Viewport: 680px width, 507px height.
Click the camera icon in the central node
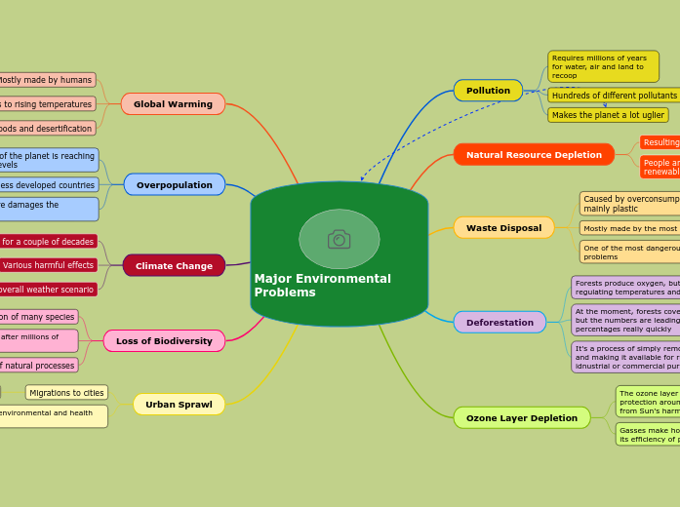(339, 239)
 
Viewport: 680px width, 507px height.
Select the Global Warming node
(173, 104)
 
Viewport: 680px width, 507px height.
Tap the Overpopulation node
(174, 184)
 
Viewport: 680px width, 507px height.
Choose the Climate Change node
(174, 265)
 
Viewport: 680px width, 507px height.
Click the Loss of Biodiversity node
(164, 341)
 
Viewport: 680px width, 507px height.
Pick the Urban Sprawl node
(179, 405)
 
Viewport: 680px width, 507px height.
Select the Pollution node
(488, 91)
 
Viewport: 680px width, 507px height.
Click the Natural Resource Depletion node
(534, 154)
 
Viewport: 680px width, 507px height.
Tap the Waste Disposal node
(503, 227)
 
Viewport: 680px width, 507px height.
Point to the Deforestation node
(500, 322)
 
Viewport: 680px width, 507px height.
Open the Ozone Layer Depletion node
(521, 417)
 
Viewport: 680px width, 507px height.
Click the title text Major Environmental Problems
(322, 285)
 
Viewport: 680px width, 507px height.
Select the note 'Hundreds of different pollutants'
(614, 96)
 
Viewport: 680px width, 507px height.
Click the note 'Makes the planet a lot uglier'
(608, 115)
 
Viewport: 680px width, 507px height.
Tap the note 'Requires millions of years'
(602, 66)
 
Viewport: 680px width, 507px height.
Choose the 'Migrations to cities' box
(66, 393)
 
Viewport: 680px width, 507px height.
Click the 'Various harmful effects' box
(48, 265)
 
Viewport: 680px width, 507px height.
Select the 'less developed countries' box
(48, 184)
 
